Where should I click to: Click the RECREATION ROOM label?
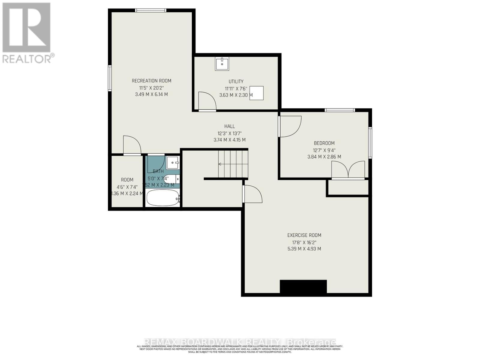click(x=151, y=81)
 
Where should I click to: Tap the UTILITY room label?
click(x=236, y=81)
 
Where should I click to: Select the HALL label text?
click(x=229, y=126)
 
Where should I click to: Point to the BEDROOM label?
click(x=324, y=143)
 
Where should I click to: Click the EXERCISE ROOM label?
click(x=304, y=235)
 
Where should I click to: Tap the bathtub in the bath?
click(x=162, y=197)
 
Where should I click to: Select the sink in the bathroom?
click(x=173, y=163)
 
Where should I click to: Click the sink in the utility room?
click(x=222, y=64)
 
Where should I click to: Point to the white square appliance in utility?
click(x=256, y=93)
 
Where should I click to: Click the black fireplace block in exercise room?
click(x=303, y=286)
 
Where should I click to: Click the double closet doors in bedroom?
click(x=348, y=170)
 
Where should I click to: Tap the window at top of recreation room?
click(x=151, y=10)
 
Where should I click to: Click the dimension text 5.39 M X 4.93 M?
click(x=304, y=249)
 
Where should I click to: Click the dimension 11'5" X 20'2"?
click(x=151, y=88)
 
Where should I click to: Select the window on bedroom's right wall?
click(x=370, y=143)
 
